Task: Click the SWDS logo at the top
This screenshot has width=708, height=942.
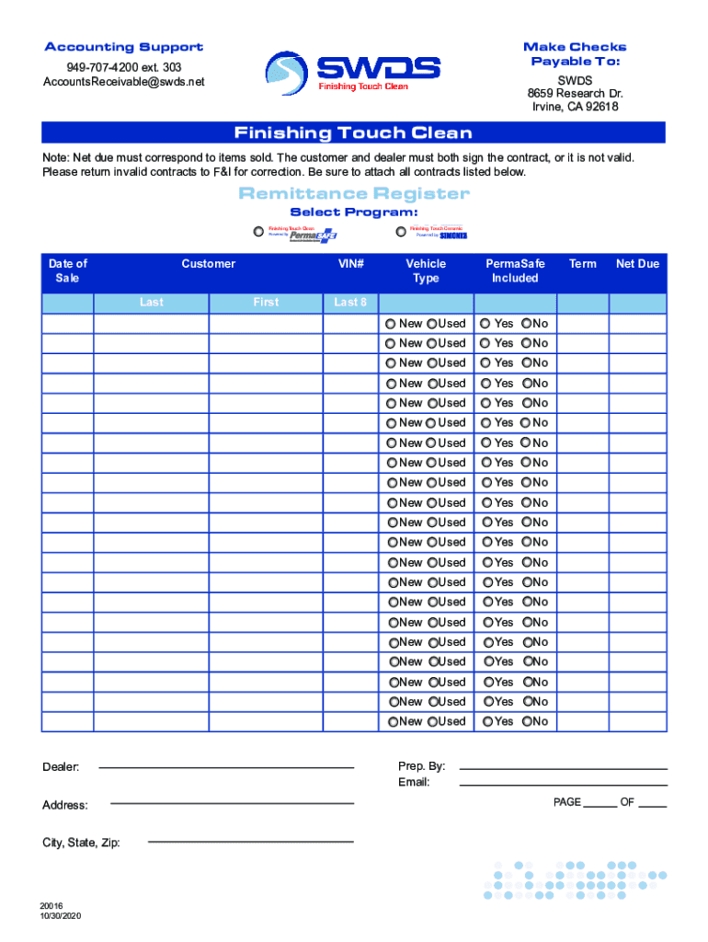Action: point(353,72)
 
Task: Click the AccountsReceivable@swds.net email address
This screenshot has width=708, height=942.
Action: point(123,83)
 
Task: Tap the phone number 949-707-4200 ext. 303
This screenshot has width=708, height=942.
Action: point(123,68)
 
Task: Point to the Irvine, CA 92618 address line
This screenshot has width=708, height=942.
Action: point(575,107)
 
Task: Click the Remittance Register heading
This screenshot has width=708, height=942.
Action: point(354,193)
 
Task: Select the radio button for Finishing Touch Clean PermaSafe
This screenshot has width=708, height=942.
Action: point(257,232)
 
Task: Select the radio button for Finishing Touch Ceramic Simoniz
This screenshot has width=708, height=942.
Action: point(401,232)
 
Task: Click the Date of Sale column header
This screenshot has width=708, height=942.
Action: point(67,270)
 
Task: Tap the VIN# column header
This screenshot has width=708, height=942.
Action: point(350,264)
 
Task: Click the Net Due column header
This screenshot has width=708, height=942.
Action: point(637,264)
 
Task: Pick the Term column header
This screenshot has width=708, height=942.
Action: point(582,264)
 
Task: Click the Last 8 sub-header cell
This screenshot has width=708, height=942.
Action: point(350,302)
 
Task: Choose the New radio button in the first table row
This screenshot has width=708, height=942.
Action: point(391,324)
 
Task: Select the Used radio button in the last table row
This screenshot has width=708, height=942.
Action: point(431,722)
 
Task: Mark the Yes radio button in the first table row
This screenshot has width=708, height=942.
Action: point(485,324)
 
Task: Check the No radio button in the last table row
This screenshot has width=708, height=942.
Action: point(527,722)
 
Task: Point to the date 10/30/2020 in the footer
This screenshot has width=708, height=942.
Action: point(61,917)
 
